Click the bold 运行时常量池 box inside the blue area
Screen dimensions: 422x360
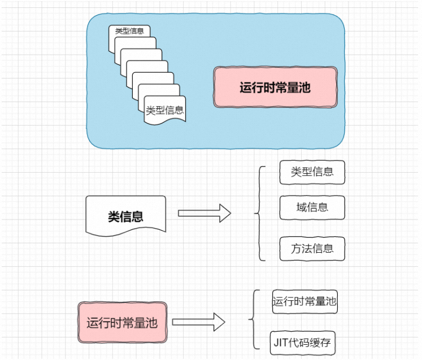(275, 87)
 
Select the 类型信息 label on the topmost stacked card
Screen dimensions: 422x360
(129, 31)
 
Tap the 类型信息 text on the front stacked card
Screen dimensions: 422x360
(165, 110)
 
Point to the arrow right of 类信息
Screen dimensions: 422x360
(205, 213)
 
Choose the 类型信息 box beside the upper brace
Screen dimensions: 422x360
(312, 172)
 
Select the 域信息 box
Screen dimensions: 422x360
(312, 208)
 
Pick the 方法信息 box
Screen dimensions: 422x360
(312, 249)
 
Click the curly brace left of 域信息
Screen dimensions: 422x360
(259, 213)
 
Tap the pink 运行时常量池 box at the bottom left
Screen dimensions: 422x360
(123, 322)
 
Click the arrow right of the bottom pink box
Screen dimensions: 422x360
(199, 322)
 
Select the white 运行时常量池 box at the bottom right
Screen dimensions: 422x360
(304, 301)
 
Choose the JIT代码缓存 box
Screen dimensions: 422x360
(302, 343)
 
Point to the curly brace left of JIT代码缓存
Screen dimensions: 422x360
(253, 319)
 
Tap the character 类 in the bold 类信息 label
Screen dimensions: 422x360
(114, 217)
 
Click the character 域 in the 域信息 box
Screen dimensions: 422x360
(302, 207)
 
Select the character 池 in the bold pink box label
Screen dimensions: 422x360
(305, 87)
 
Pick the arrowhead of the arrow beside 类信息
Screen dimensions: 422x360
(225, 213)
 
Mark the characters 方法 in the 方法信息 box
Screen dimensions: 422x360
(302, 249)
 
